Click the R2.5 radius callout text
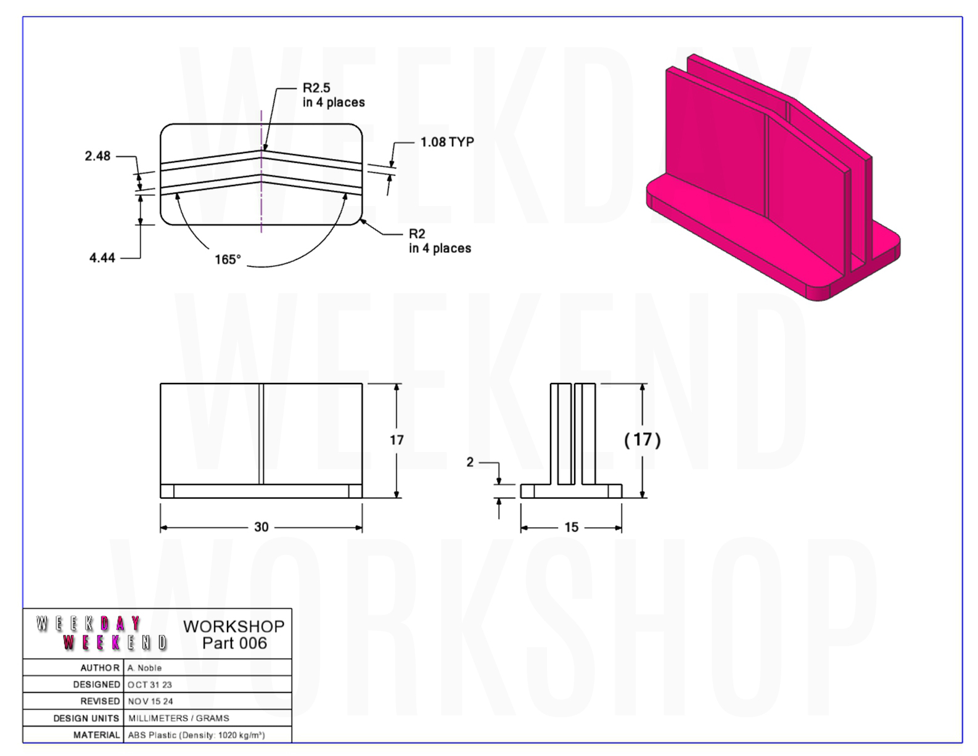coord(316,88)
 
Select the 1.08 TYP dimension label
coord(447,142)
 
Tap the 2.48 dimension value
coord(97,156)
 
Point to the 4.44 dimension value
coord(102,258)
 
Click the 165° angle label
coord(228,260)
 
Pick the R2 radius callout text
coord(417,234)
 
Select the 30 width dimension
coord(261,527)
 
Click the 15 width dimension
coord(571,527)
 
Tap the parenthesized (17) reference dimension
coord(643,440)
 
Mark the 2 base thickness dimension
coord(470,462)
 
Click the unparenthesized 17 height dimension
coord(397,440)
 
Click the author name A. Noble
coord(144,668)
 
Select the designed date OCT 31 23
coord(150,684)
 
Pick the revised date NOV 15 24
coord(150,701)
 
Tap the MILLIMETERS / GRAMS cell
coord(179,718)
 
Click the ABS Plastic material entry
coord(196,735)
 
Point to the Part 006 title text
coord(234,643)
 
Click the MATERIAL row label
coord(97,735)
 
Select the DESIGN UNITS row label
coord(86,718)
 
